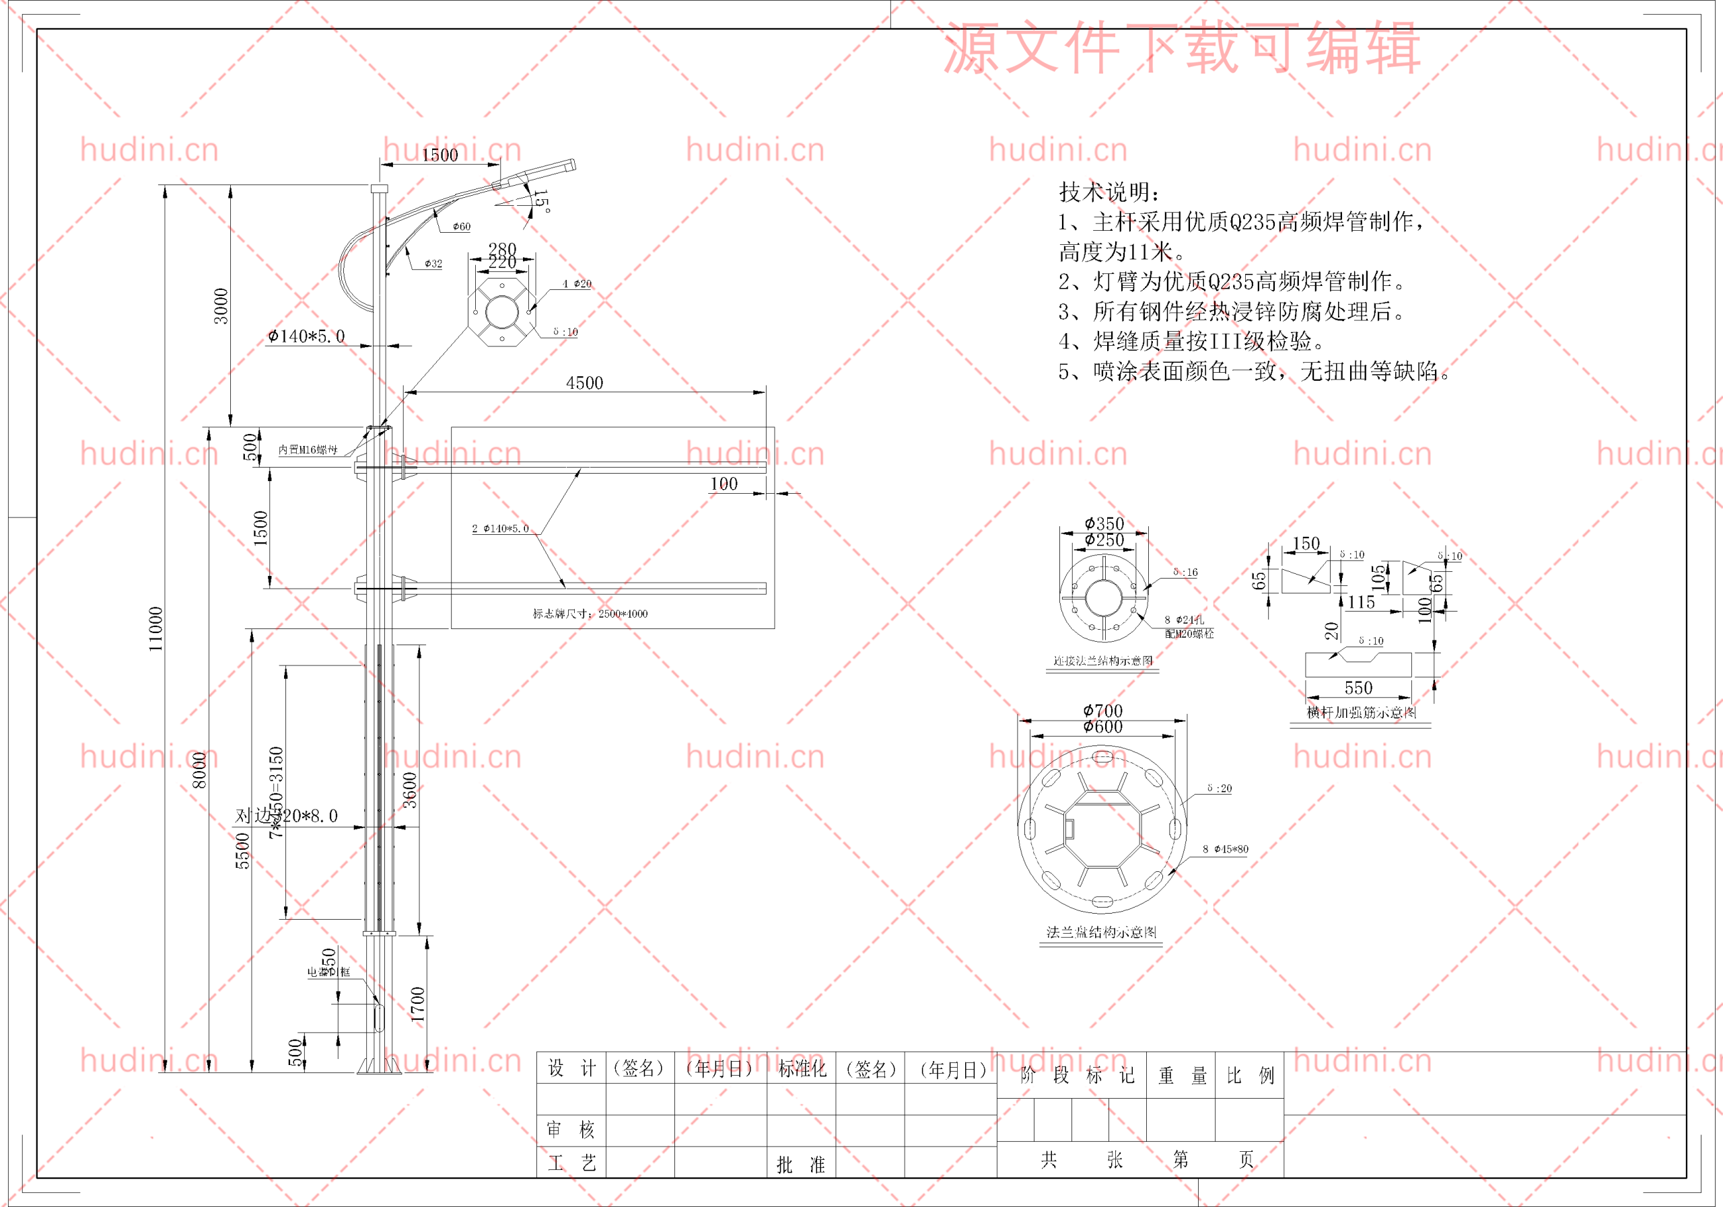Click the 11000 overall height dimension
click(155, 628)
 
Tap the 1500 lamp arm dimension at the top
click(439, 155)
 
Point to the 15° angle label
click(541, 201)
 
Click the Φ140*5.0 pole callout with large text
click(307, 337)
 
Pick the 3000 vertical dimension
click(221, 306)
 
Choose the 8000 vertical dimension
click(199, 770)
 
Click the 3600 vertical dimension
click(410, 789)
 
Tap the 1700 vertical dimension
click(418, 1004)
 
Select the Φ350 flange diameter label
click(1104, 523)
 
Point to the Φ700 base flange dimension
click(1102, 710)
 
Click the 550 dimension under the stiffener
click(1358, 688)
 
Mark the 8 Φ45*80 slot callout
click(1226, 849)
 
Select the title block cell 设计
click(571, 1068)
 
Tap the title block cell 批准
click(800, 1164)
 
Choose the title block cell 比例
click(1249, 1076)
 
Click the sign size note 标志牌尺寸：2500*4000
click(590, 614)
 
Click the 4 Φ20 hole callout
click(576, 283)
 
